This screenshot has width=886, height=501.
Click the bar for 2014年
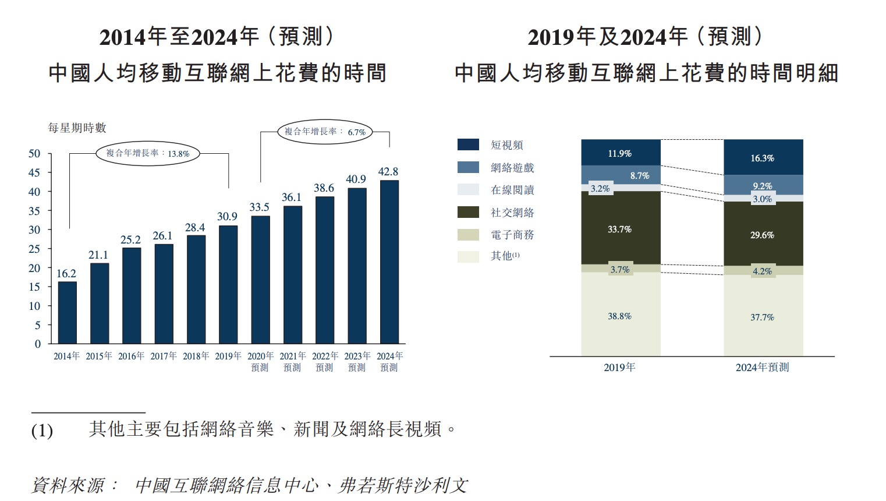(68, 313)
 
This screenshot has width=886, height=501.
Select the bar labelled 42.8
(389, 262)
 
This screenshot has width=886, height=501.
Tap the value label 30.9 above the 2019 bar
(228, 216)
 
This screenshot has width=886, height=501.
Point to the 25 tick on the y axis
(35, 249)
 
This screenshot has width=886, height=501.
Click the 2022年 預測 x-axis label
(325, 361)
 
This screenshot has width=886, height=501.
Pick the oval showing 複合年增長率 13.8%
(148, 154)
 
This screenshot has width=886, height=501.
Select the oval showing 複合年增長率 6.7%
(325, 132)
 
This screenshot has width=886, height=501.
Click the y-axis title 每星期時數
(77, 128)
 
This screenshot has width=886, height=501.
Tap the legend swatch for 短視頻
(468, 145)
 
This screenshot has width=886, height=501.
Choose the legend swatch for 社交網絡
(468, 213)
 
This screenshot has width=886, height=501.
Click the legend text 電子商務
(512, 235)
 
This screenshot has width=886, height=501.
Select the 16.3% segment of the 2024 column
(763, 157)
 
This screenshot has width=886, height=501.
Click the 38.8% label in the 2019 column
(620, 316)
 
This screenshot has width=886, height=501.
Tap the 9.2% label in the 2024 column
(763, 186)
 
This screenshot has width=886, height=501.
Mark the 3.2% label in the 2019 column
(600, 189)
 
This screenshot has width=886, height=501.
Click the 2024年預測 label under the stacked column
(762, 367)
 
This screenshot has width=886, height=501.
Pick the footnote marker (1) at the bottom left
(42, 431)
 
